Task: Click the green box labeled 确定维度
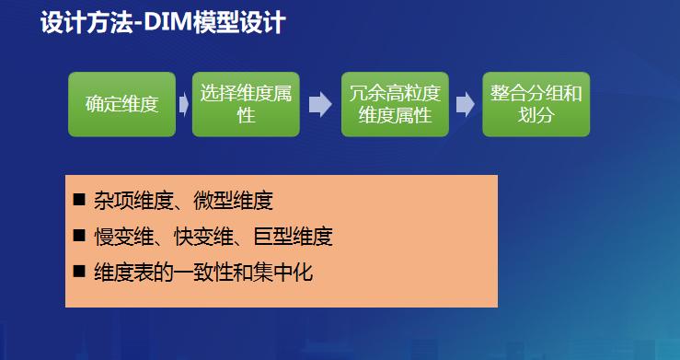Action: click(121, 104)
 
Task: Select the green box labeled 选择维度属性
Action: click(246, 104)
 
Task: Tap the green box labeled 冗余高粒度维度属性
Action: click(395, 104)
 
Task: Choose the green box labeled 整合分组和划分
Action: click(536, 104)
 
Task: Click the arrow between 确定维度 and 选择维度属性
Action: click(184, 104)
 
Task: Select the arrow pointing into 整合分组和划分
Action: click(465, 104)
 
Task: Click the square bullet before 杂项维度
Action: click(78, 200)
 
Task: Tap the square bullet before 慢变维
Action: click(78, 236)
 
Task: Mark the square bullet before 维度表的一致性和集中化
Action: click(78, 272)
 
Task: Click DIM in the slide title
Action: click(167, 23)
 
